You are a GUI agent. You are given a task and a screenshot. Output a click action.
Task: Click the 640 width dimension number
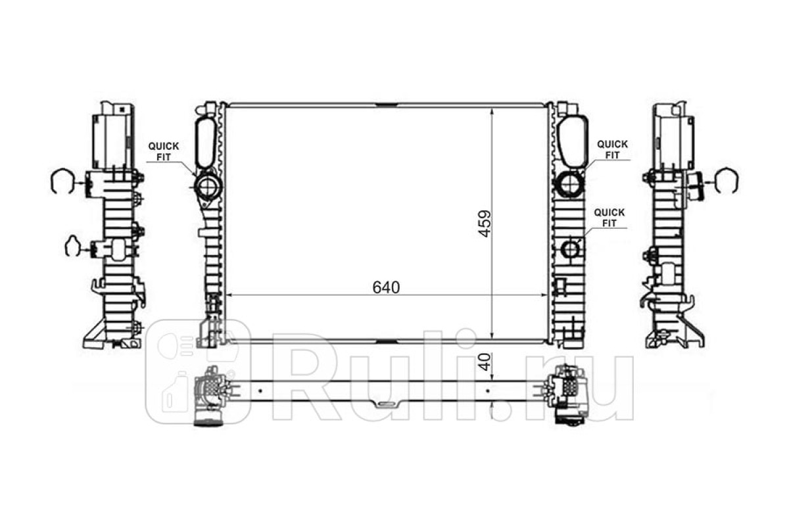(x=386, y=288)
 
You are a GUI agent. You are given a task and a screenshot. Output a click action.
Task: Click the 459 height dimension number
(x=485, y=224)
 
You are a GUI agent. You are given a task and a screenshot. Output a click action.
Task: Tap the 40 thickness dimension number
(x=485, y=362)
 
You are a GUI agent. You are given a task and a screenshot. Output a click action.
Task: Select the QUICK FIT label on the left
(x=164, y=151)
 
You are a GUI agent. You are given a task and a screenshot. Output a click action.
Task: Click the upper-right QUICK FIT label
(x=612, y=150)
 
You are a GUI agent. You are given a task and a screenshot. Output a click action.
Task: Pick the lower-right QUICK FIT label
(x=610, y=218)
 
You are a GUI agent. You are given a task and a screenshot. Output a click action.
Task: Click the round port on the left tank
(x=208, y=187)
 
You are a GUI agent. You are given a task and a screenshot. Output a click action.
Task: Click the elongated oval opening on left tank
(x=206, y=143)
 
